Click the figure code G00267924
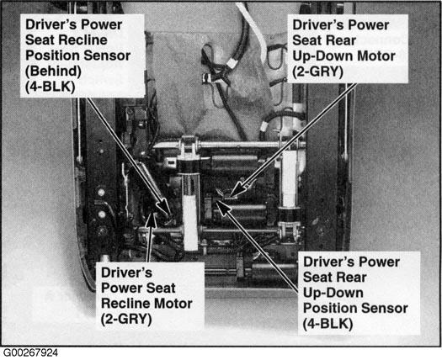[x=30, y=352]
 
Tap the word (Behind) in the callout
[x=53, y=71]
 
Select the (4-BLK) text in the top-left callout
[x=51, y=87]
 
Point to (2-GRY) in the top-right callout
[x=317, y=71]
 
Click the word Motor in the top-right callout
[x=376, y=56]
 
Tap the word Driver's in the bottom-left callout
[x=126, y=273]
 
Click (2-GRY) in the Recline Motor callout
[x=126, y=319]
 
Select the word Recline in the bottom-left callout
[x=125, y=304]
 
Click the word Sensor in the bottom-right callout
[x=388, y=308]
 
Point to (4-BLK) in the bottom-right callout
[x=328, y=324]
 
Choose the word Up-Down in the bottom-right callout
[x=333, y=294]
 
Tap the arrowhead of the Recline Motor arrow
[x=152, y=220]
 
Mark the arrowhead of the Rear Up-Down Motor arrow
[x=237, y=189]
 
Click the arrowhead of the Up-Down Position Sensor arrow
[x=223, y=208]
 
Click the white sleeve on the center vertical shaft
[x=190, y=223]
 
